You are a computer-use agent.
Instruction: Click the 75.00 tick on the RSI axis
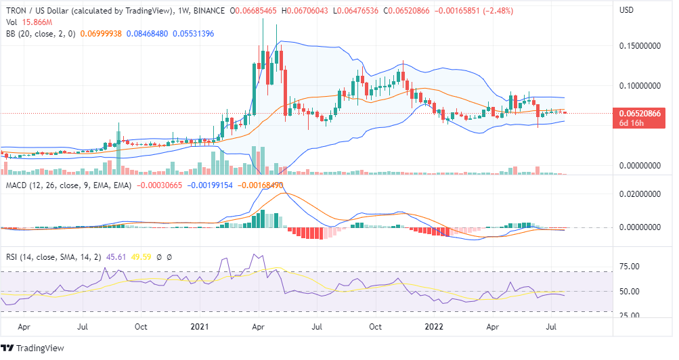point(631,267)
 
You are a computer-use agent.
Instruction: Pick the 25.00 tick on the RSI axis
point(631,315)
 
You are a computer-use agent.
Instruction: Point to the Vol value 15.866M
point(34,22)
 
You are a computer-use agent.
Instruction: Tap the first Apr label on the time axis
point(24,325)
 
